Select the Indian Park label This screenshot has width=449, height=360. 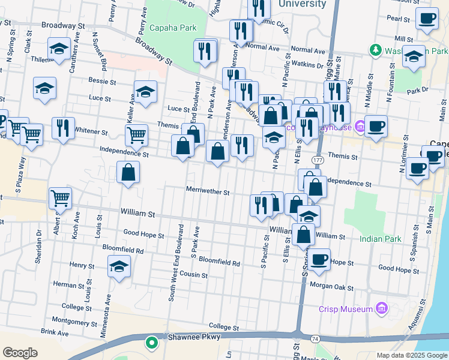point(380,239)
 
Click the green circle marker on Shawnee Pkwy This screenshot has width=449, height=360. point(152,343)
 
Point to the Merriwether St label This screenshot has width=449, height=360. point(208,193)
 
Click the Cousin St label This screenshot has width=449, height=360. point(193,275)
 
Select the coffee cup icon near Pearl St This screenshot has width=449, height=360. point(427,18)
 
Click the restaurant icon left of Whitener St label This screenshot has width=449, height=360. point(63,127)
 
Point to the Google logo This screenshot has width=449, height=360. point(20,353)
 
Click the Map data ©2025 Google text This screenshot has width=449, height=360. point(411,355)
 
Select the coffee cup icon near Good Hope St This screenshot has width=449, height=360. point(319,259)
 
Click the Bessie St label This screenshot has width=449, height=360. point(102,81)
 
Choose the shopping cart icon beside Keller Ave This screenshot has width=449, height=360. point(137,135)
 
